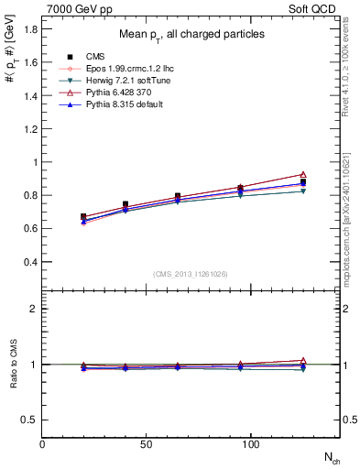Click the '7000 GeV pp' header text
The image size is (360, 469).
click(73, 7)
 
